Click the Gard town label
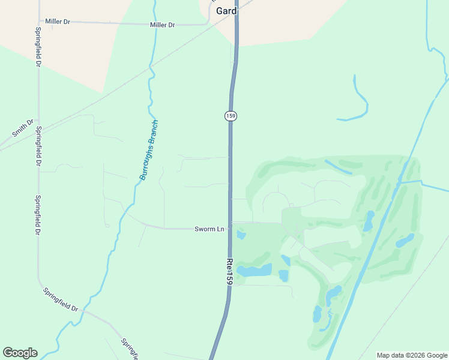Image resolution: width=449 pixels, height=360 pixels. (x=226, y=11)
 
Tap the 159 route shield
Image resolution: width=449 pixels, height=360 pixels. (x=231, y=115)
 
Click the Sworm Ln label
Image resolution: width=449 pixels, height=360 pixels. (x=209, y=229)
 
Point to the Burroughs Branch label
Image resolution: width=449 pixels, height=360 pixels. (x=148, y=151)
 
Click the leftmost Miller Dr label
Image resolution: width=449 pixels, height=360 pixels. (x=58, y=22)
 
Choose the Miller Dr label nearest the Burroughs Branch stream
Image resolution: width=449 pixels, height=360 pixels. (x=162, y=25)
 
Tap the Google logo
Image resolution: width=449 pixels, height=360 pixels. (x=20, y=353)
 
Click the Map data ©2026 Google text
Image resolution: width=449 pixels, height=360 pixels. (x=412, y=355)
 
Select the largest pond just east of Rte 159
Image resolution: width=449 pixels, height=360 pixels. (x=255, y=270)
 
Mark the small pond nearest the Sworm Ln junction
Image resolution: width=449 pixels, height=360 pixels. (x=241, y=235)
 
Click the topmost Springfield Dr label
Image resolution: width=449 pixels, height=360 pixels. (x=38, y=47)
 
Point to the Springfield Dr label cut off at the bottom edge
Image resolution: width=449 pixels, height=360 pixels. (x=130, y=350)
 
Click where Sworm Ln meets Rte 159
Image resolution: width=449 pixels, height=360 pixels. (x=230, y=229)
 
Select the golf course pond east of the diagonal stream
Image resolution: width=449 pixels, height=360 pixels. (x=405, y=241)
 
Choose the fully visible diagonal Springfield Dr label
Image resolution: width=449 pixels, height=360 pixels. (x=61, y=299)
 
